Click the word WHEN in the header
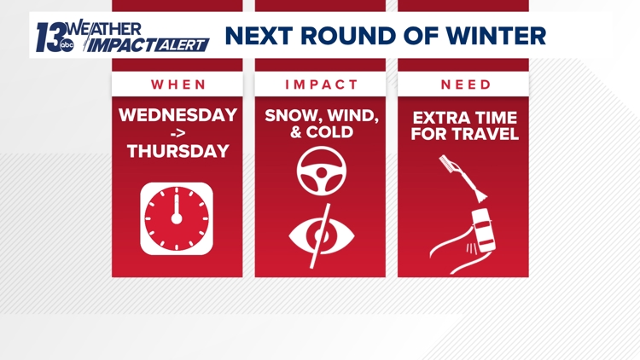click(177, 84)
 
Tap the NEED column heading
click(465, 84)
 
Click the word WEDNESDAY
click(177, 115)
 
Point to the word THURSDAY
click(177, 152)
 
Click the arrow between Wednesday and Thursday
click(177, 134)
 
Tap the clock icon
click(177, 218)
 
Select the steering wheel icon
click(321, 171)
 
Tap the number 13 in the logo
click(49, 35)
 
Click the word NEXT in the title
click(259, 36)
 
